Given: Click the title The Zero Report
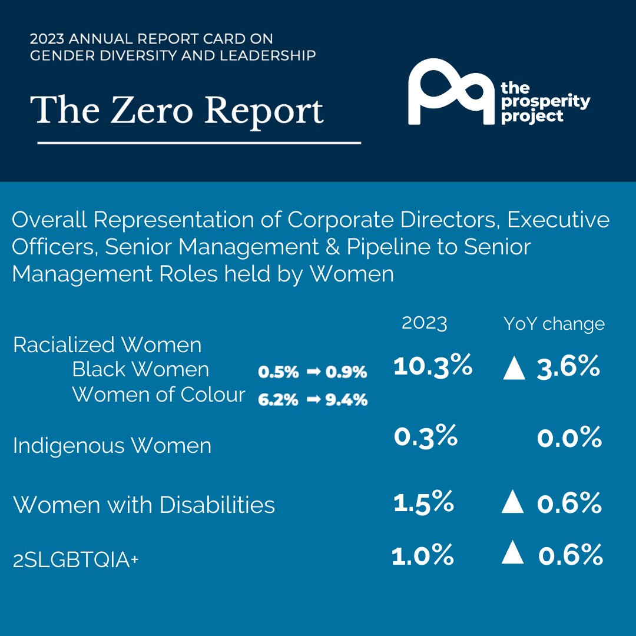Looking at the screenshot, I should tap(180, 110).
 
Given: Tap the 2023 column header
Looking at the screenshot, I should tap(424, 323).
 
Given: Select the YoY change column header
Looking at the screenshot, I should tap(554, 323).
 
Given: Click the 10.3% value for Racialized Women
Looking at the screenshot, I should tap(432, 366).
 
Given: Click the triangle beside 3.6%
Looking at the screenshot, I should tap(514, 369).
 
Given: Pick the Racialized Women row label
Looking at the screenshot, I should tap(107, 344).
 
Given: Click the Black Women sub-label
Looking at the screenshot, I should tap(140, 369).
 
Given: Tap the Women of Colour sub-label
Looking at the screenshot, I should tap(158, 395).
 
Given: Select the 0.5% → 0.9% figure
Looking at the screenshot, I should tap(313, 372).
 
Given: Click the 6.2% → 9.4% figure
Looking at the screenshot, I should tap(313, 400).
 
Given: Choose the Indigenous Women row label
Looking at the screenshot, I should tap(112, 445).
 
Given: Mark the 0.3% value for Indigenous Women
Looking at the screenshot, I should tap(425, 436).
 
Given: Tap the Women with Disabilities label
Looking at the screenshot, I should tap(144, 505).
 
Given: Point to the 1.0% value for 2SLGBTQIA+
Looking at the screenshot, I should tap(423, 555).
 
